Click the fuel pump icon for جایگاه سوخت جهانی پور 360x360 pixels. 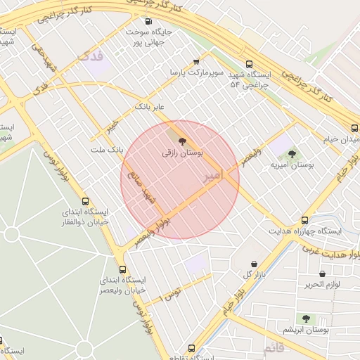point(147,21)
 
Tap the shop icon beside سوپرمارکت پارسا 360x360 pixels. point(195,61)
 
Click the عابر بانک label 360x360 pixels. point(149,107)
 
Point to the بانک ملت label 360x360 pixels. point(107,150)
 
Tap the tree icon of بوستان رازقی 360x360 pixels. point(183,141)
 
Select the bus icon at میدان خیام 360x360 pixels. point(354,127)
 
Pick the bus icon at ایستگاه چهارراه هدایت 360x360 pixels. point(304,220)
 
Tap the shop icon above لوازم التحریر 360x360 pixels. point(322,274)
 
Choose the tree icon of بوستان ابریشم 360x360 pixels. point(306,319)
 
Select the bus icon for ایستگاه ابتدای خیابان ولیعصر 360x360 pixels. point(123,269)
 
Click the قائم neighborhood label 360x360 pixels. point(274,347)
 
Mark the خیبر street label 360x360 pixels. point(112,127)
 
